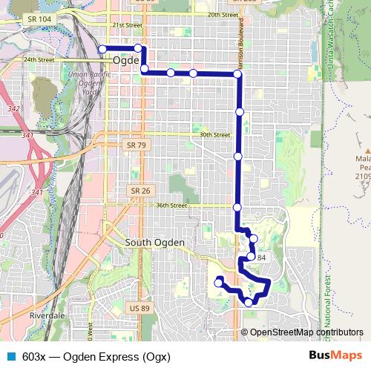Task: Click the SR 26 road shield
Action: coord(142,191)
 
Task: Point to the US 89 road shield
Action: coord(139,308)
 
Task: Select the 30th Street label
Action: coord(215,135)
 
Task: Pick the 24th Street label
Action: coord(38,59)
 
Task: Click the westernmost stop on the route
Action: coord(102,49)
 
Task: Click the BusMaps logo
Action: coord(335,355)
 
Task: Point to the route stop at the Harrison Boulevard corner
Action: coord(237,74)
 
